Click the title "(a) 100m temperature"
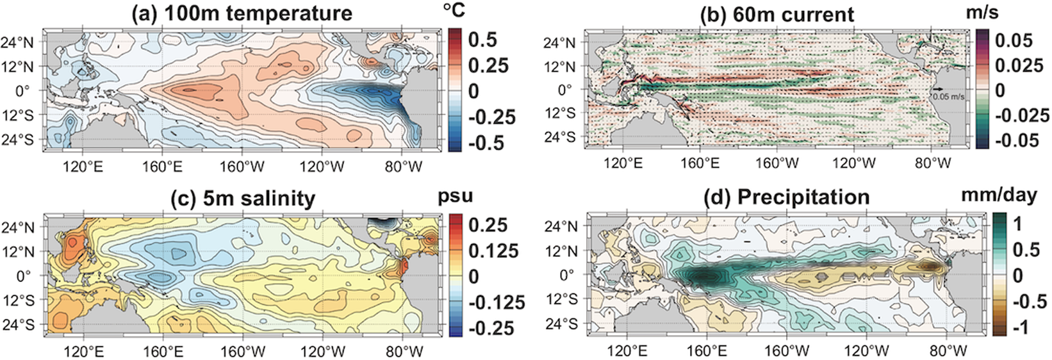242,13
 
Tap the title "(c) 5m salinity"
242,199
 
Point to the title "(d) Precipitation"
787,197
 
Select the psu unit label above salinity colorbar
456,196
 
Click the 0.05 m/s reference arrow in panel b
937,89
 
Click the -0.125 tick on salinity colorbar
497,302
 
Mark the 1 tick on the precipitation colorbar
1018,224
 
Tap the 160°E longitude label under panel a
165,167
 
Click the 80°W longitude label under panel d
948,350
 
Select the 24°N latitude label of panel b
559,43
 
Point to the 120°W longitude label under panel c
325,352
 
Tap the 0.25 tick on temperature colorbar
489,65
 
